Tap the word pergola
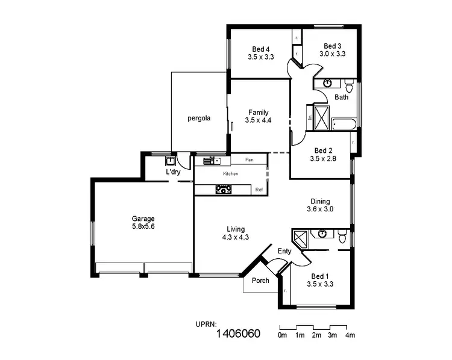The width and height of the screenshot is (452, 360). tap(198, 118)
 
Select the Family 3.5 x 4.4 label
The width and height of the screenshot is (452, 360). tap(259, 116)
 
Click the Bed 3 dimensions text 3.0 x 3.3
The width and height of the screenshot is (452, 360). tap(333, 54)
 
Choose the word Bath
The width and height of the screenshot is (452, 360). tap(342, 97)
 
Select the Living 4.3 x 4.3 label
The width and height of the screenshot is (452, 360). tap(236, 233)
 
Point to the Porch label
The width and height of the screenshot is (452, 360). tap(260, 280)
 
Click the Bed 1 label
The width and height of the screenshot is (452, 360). tap(320, 275)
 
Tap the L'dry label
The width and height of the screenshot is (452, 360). tap(173, 172)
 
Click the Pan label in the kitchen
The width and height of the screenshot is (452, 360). tap(250, 160)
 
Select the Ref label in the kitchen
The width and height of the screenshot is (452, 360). tap(259, 190)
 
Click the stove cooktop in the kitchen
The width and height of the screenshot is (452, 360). tap(224, 190)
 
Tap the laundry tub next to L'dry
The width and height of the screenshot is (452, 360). tap(170, 161)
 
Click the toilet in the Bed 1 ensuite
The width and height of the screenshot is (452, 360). tap(342, 238)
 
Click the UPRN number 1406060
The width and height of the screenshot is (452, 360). tap(238, 334)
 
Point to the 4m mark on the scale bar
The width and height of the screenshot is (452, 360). tap(350, 335)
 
